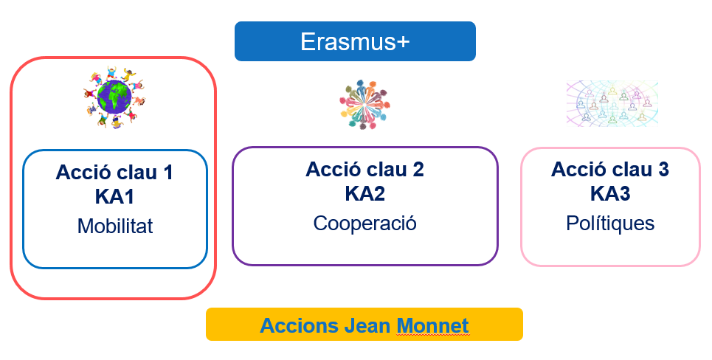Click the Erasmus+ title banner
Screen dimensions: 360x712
coord(355,41)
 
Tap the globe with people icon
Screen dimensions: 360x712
coord(113,98)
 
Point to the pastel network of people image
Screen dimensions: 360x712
coord(612,102)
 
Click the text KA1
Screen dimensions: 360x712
coord(114,197)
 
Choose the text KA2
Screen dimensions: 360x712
coord(364,193)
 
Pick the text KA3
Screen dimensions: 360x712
coord(609,193)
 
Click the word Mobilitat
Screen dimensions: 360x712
coord(114,226)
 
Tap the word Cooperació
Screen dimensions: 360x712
coord(364,223)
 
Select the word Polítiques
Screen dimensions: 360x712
coord(609,223)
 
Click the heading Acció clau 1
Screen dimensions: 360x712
coord(114,173)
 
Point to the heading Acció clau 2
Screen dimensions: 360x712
coord(364,170)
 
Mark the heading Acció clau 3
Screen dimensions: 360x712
coord(609,170)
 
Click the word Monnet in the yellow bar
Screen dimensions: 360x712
coord(432,325)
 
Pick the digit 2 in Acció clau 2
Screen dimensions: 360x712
coord(418,170)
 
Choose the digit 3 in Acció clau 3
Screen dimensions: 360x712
coord(663,170)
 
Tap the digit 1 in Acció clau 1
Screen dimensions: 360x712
coord(167,173)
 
